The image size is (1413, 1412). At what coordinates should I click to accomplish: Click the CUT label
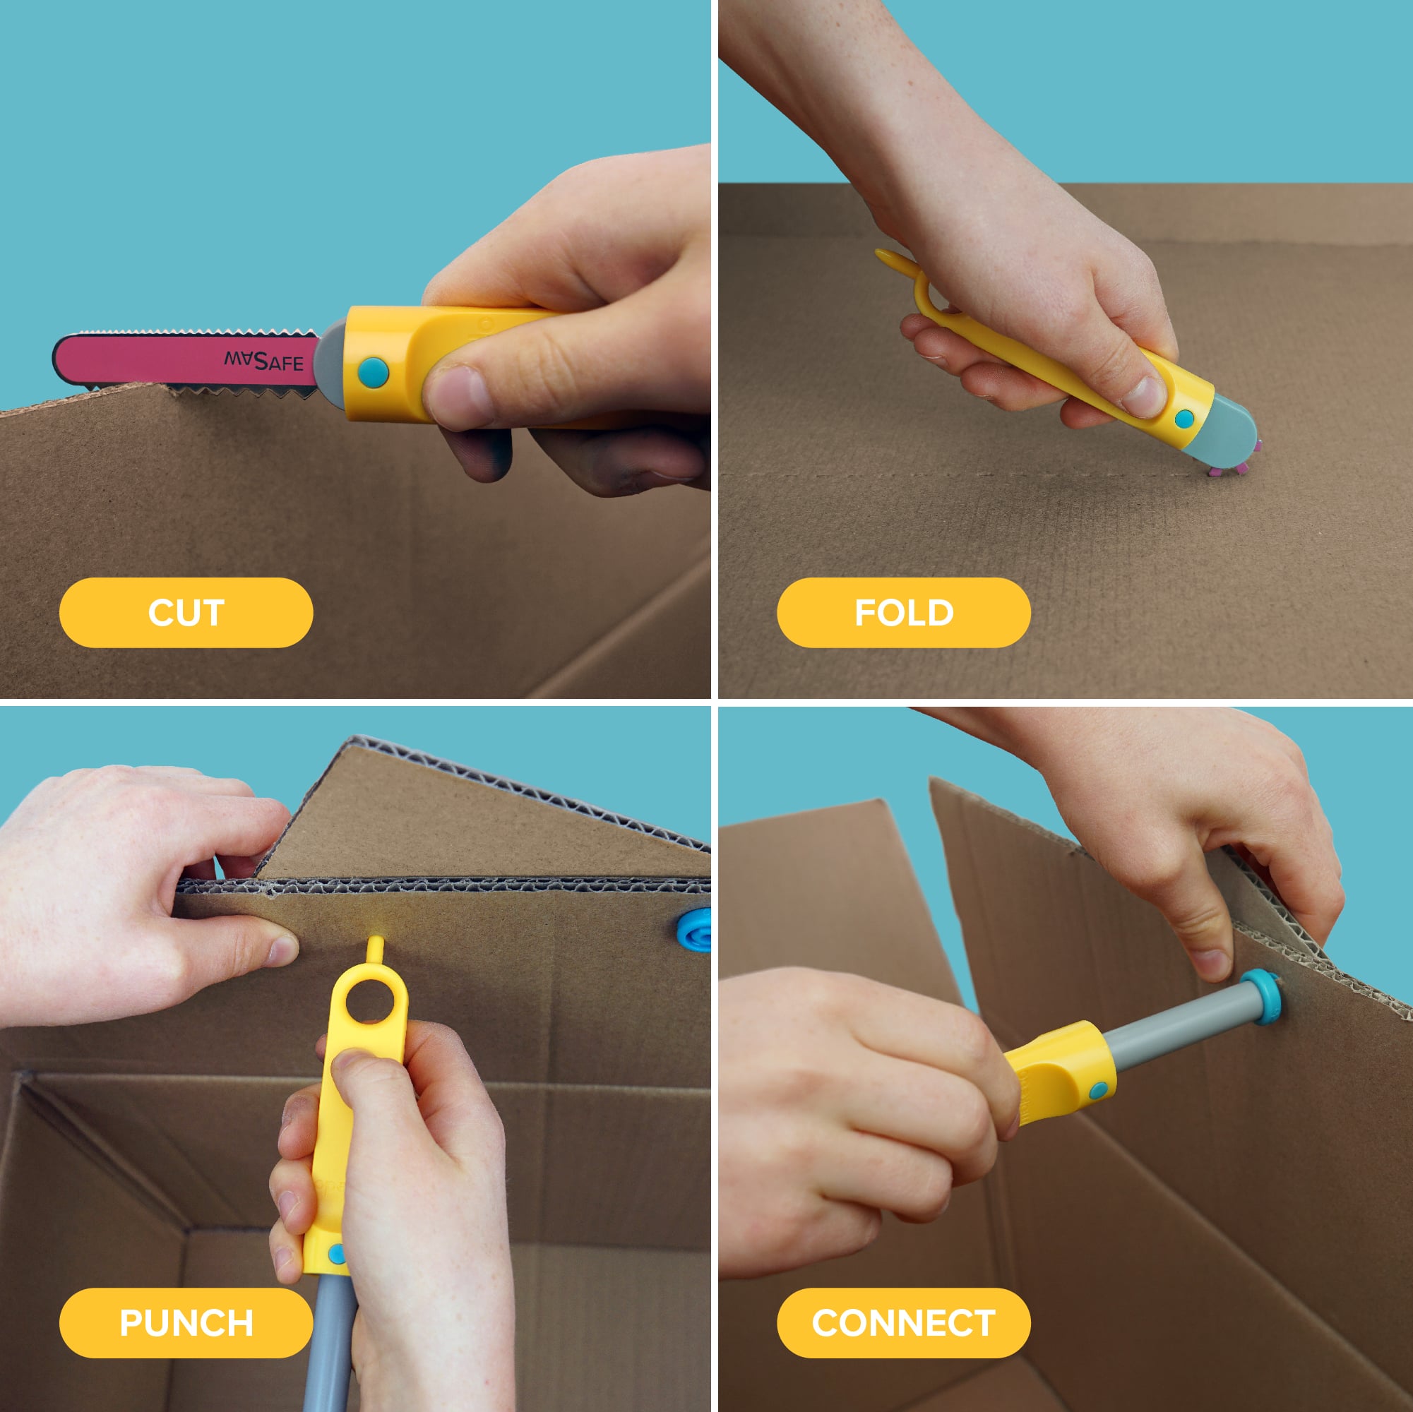point(186,613)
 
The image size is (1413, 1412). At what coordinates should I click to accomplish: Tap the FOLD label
point(904,613)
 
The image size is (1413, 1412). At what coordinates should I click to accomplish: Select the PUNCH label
point(186,1324)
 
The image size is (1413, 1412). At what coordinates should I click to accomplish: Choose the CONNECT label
point(904,1324)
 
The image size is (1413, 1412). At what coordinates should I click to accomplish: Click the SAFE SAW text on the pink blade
point(263,361)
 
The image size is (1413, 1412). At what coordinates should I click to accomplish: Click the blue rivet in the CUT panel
point(373,373)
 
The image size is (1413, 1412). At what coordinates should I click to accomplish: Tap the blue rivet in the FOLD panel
point(1184,419)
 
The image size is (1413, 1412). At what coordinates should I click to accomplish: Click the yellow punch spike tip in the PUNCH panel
point(375,940)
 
